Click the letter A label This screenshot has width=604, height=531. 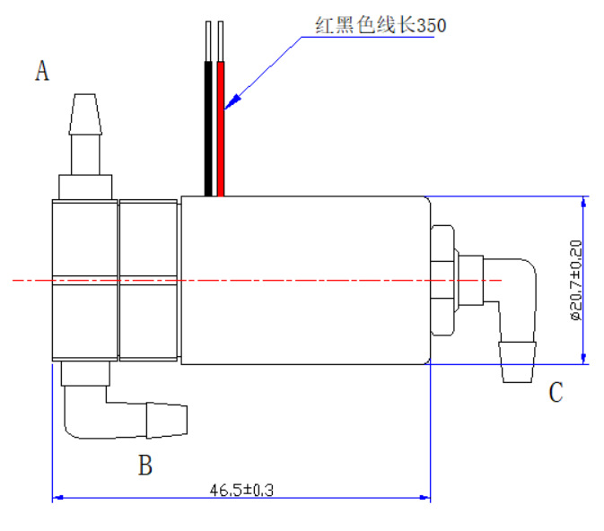pyautogui.click(x=42, y=71)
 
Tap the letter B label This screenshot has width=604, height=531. pyautogui.click(x=145, y=466)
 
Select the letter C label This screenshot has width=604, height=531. pyautogui.click(x=556, y=392)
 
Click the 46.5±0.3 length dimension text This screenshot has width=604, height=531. pyautogui.click(x=241, y=490)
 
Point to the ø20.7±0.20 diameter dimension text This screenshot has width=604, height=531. pyautogui.click(x=576, y=280)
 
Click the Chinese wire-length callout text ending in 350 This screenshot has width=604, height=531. pyautogui.click(x=381, y=25)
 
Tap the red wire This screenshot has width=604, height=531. pyautogui.click(x=221, y=128)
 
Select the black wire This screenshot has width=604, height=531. pyautogui.click(x=208, y=128)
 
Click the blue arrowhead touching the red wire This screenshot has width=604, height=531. pyautogui.click(x=233, y=102)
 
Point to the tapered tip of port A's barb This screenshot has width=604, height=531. pyautogui.click(x=85, y=115)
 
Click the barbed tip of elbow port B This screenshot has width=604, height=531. pyautogui.click(x=167, y=421)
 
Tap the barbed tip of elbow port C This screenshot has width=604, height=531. pyautogui.click(x=517, y=362)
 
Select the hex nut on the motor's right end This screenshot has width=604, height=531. pyautogui.click(x=442, y=281)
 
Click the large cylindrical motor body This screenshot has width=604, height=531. pyautogui.click(x=306, y=281)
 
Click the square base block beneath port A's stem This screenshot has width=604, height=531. pyautogui.click(x=85, y=187)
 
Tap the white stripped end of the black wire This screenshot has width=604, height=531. pyautogui.click(x=208, y=41)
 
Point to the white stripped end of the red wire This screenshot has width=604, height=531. pyautogui.click(x=221, y=41)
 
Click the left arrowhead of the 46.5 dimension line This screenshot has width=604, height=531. pyautogui.click(x=57, y=498)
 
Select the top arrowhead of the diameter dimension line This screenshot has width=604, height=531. pyautogui.click(x=583, y=202)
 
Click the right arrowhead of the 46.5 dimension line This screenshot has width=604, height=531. pyautogui.click(x=425, y=498)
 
